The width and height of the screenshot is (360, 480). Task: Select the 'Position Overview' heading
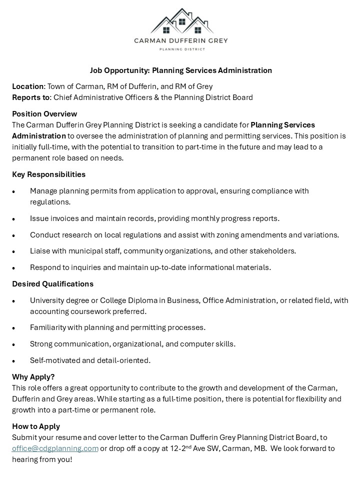44,114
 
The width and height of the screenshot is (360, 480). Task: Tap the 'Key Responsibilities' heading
48,174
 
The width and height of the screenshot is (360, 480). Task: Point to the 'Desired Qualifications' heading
52,284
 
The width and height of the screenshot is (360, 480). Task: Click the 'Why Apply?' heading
33,376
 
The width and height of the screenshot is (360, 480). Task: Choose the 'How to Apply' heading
36,426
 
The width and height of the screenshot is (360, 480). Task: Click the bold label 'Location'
28,86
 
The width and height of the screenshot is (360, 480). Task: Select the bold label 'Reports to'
31,97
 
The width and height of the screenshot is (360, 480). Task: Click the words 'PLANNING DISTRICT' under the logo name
180,49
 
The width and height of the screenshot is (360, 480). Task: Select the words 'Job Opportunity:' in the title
119,70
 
